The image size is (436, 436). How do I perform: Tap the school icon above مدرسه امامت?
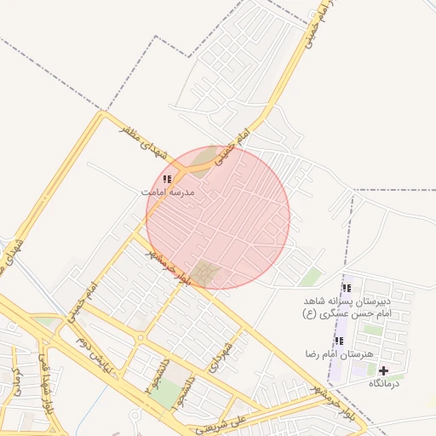(x=167, y=180)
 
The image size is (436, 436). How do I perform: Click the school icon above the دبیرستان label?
(x=346, y=289)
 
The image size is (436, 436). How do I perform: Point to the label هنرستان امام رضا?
(x=339, y=353)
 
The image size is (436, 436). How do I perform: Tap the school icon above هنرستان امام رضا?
(x=339, y=341)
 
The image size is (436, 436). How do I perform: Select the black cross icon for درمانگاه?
(x=383, y=370)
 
